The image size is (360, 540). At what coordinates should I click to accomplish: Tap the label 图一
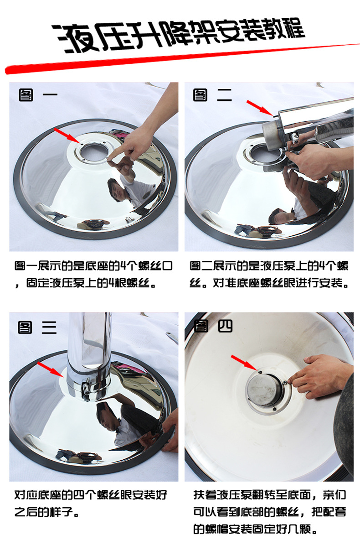[x=38, y=95]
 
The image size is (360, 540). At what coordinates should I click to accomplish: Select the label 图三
[x=37, y=327]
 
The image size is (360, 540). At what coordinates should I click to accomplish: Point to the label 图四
[x=213, y=326]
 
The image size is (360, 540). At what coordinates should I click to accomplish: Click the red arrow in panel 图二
[x=260, y=108]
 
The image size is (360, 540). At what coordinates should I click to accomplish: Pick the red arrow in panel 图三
[x=50, y=369]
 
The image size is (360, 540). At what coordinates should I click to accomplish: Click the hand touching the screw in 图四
[x=320, y=375]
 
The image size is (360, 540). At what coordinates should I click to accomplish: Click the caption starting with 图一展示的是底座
[x=93, y=275]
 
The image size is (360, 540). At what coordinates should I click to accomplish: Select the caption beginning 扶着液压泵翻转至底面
[x=269, y=512]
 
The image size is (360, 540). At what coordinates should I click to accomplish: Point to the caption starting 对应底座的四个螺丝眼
[x=91, y=504]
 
